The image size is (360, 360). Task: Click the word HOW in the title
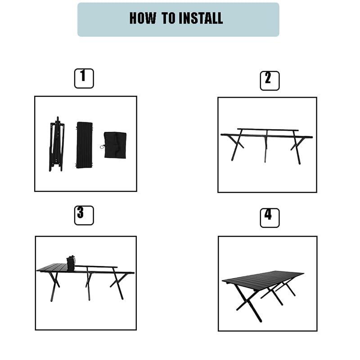click(x=143, y=18)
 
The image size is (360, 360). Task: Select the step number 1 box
click(x=84, y=78)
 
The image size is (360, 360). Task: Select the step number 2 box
click(x=270, y=81)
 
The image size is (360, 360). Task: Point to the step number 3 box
click(x=84, y=216)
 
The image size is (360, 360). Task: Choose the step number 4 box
click(x=270, y=218)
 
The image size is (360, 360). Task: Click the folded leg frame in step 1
click(x=57, y=144)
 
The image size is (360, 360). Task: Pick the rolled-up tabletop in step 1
click(x=84, y=145)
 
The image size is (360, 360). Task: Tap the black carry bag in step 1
click(x=115, y=145)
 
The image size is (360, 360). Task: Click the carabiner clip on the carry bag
click(x=102, y=147)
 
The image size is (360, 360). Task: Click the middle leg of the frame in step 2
click(x=266, y=146)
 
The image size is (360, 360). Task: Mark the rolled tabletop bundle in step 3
click(x=71, y=263)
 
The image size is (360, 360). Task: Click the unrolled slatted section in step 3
click(x=52, y=267)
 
